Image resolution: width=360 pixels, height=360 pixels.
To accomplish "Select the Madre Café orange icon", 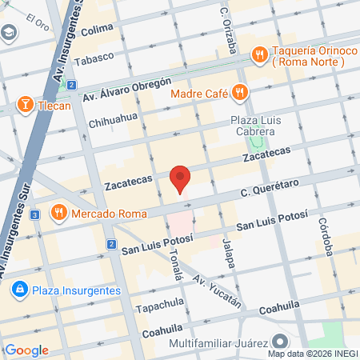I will [238, 92].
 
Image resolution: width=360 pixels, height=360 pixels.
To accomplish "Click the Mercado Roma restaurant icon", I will [58, 213].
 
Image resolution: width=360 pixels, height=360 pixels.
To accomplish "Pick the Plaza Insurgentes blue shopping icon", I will [19, 290].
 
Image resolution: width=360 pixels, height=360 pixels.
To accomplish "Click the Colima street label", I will [97, 29].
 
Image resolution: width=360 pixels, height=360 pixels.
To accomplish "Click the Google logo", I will [26, 350].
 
